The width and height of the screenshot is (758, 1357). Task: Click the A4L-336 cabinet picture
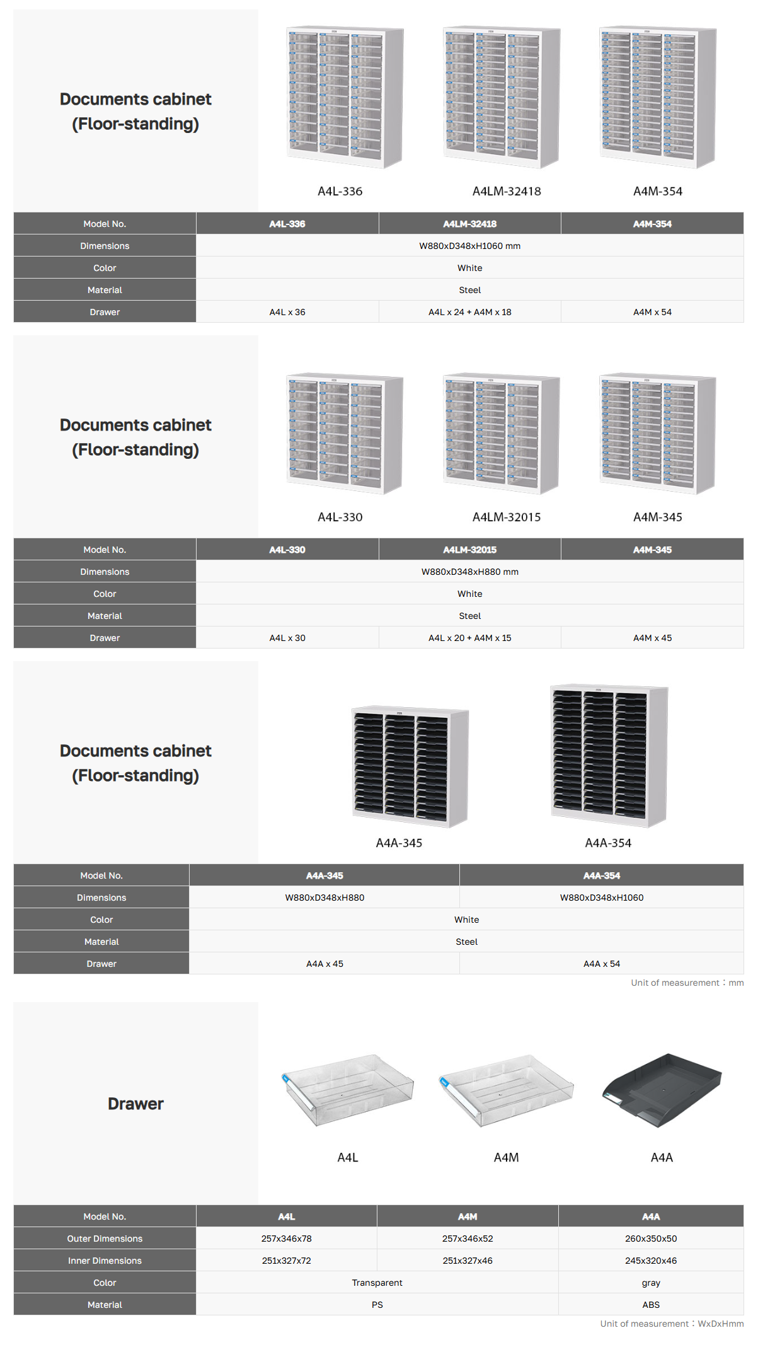point(345,97)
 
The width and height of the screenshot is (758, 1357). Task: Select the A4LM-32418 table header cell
point(469,224)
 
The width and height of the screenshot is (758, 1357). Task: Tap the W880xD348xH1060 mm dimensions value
point(469,246)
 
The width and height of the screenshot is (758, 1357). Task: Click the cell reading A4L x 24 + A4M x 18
point(469,312)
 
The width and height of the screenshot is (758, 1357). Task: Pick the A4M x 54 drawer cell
point(652,312)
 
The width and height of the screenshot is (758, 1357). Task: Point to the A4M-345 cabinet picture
point(657,433)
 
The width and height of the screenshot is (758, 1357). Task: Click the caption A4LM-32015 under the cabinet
point(507,517)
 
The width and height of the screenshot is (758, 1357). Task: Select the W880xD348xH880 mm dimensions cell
point(469,572)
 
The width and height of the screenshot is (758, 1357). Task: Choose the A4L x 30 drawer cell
point(287,638)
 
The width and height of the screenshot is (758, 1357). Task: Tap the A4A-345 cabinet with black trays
point(410,765)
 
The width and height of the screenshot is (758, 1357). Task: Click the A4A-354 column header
point(601,875)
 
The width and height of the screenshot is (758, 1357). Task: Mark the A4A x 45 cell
point(324,964)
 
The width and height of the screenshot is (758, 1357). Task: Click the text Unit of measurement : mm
point(687,983)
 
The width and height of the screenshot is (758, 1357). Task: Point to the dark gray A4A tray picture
point(662,1089)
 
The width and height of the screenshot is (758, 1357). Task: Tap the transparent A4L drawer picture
point(348,1089)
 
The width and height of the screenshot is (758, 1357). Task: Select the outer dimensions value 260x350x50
point(651,1239)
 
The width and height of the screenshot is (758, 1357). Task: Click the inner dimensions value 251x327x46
point(468,1261)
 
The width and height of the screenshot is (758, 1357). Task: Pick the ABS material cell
point(651,1305)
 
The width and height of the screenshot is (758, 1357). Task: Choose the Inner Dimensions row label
point(105,1261)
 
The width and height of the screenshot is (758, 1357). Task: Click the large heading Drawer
point(135,1104)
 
